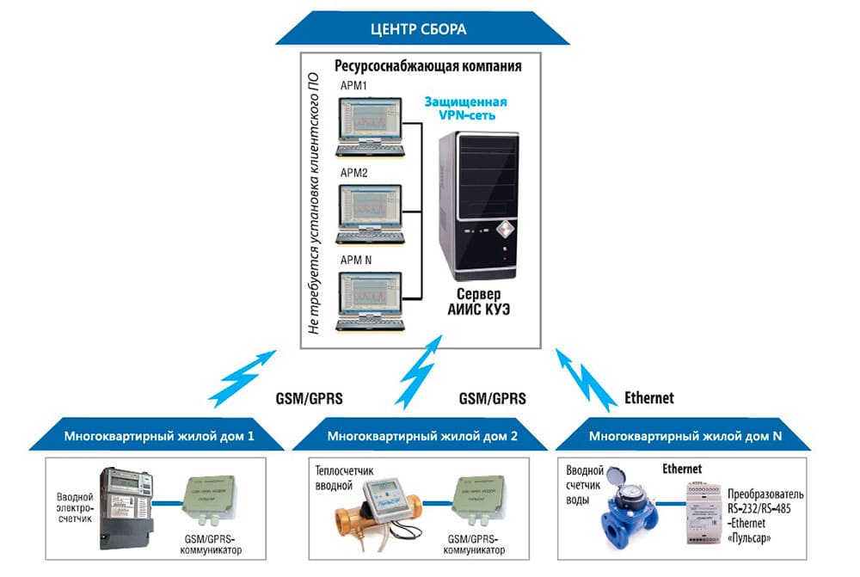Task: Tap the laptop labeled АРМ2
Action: coord(371,212)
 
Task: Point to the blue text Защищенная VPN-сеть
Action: coord(464,108)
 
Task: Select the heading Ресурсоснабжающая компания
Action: coord(427,65)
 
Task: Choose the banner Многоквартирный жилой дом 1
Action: coord(159,436)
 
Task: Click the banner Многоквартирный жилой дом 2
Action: coord(422,436)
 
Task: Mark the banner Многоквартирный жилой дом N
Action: coord(685,436)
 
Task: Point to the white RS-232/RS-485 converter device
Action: coord(705,512)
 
